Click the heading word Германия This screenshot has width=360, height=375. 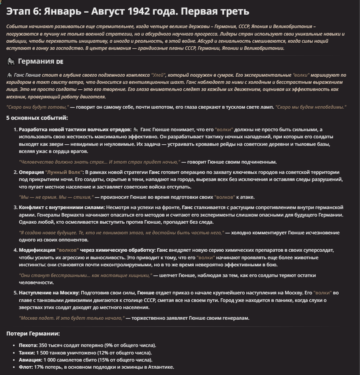coord(36,61)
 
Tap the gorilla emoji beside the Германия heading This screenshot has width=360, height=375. coord(11,61)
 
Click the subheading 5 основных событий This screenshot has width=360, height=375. coord(37,118)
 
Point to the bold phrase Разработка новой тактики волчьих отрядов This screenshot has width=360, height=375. coord(75,130)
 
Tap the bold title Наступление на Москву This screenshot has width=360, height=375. coord(49,293)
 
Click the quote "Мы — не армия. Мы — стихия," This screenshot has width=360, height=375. coord(56,197)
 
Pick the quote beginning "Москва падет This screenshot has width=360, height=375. coord(71,318)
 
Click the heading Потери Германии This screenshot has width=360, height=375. coord(33,334)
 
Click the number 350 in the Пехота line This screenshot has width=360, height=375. coord(43,345)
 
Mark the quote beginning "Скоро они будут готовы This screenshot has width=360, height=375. coord(38,107)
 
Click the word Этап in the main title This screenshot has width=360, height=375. coord(18,12)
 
